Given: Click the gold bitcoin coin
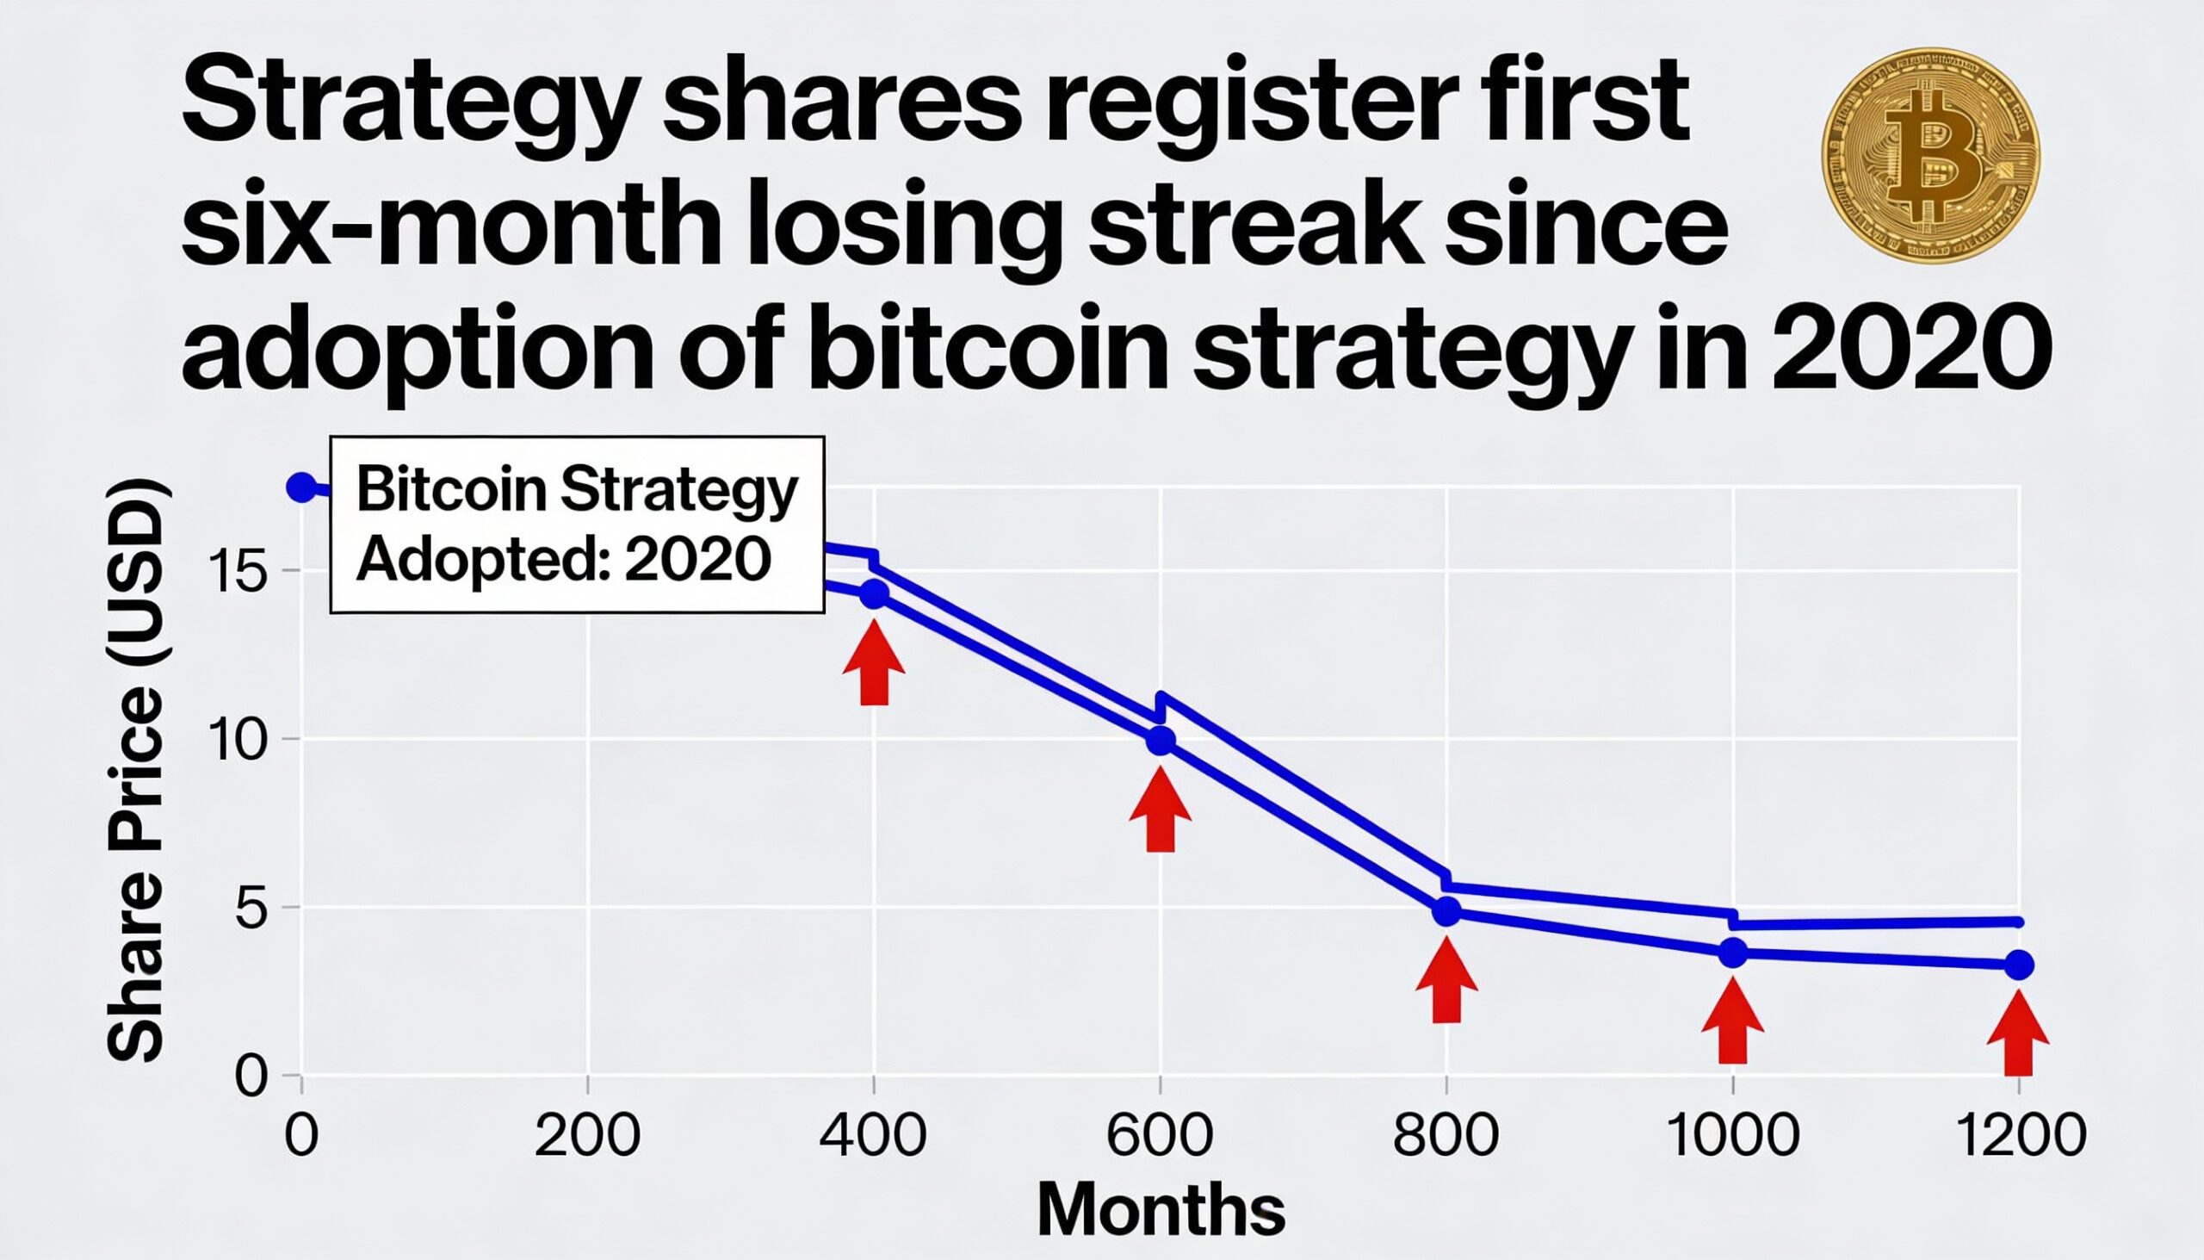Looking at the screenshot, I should coord(1930,156).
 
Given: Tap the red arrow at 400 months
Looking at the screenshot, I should coord(875,661).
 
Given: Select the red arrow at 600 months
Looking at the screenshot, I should coord(1160,810).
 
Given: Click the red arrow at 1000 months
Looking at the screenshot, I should coord(1731,1021).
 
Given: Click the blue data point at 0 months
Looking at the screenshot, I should coord(300,487).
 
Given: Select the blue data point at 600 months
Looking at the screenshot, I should coord(1160,741).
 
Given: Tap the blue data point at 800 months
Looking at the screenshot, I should coord(1446,911).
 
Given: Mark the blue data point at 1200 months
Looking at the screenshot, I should coord(2019,964).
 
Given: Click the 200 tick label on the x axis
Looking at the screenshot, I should coord(587,1135).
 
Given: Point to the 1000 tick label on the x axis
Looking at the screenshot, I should coord(1731,1135).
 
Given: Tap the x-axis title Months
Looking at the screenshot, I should coord(1160,1210).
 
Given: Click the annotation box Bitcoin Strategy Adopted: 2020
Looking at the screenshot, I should coord(577,525).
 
